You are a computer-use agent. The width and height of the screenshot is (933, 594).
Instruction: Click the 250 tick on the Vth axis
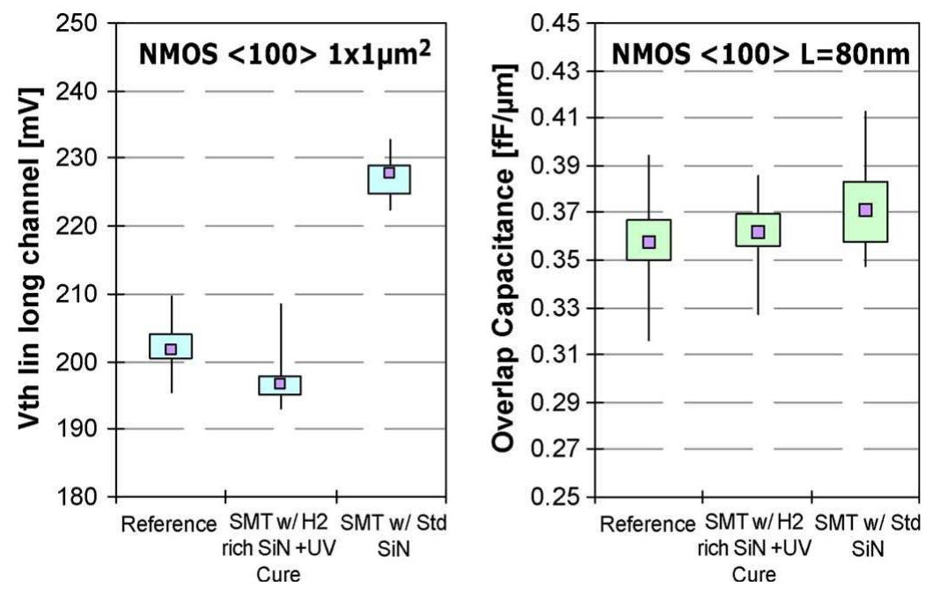click(81, 23)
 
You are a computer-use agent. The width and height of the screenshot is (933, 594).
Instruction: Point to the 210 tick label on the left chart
click(81, 294)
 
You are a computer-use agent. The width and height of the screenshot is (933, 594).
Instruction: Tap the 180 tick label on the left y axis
click(81, 497)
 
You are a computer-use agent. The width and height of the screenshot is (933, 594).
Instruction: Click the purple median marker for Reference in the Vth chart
click(171, 349)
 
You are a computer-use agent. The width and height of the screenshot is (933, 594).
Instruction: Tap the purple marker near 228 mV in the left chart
click(389, 172)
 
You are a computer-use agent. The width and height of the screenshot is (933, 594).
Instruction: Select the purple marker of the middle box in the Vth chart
click(280, 384)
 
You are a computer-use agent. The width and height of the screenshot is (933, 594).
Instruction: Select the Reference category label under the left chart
click(168, 524)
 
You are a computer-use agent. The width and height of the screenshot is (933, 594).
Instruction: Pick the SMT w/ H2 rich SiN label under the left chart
click(280, 537)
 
